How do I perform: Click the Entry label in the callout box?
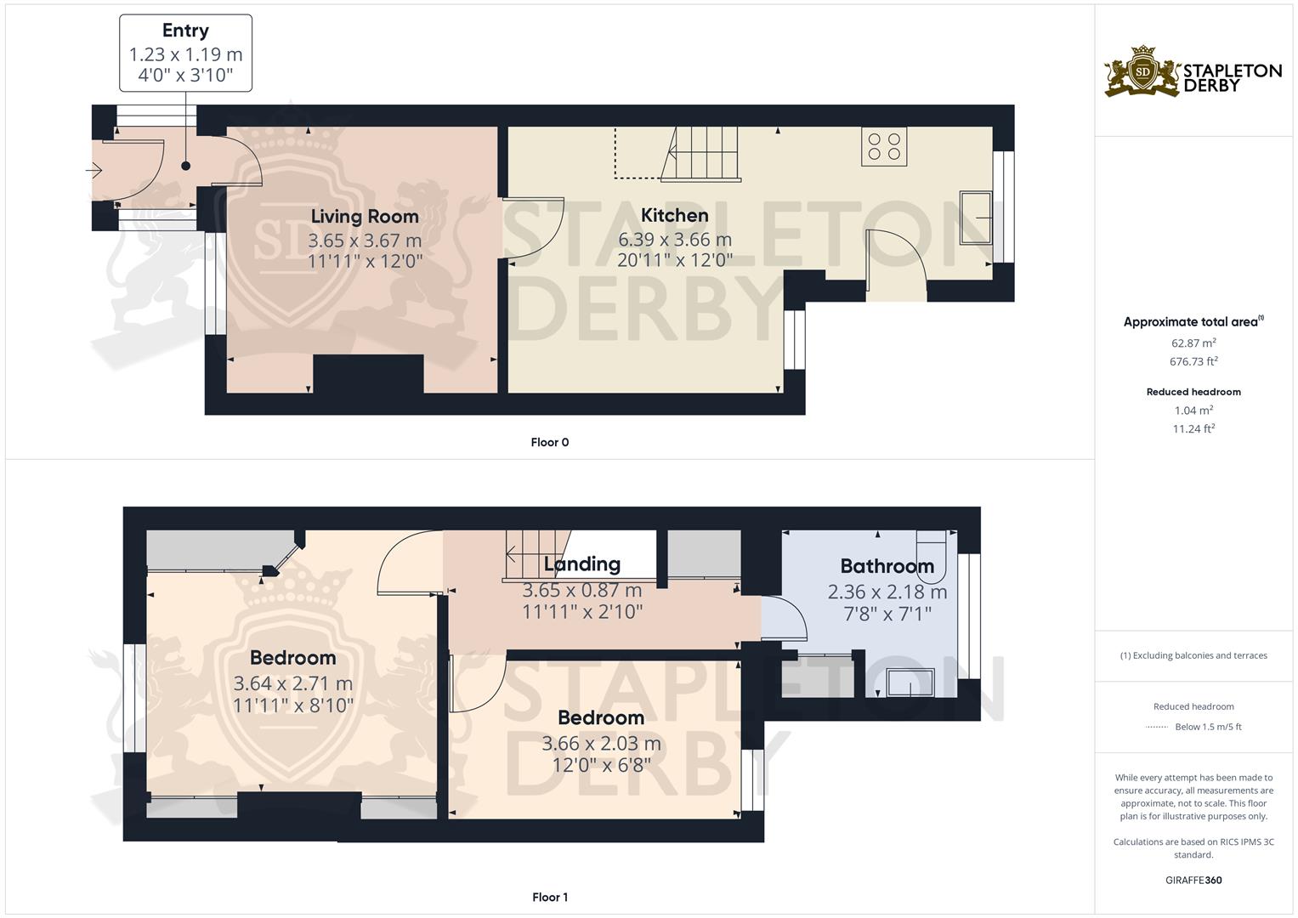click(185, 30)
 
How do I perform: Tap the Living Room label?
click(365, 217)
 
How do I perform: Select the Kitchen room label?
click(674, 216)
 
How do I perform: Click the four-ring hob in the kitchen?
click(884, 146)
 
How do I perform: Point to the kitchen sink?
click(976, 218)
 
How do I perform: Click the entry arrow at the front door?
click(94, 170)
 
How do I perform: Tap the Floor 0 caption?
click(549, 442)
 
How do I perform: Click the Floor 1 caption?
click(549, 897)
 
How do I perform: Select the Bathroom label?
click(887, 565)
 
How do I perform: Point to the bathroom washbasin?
click(910, 682)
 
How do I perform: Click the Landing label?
click(581, 564)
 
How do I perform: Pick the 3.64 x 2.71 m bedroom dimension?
click(292, 684)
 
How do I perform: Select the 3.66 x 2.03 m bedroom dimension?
click(601, 744)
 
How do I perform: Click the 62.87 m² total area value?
click(1193, 343)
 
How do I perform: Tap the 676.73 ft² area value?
click(1193, 361)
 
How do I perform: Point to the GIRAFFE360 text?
click(1193, 880)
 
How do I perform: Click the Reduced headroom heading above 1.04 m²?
click(1193, 392)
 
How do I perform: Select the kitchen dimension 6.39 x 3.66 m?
click(674, 240)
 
